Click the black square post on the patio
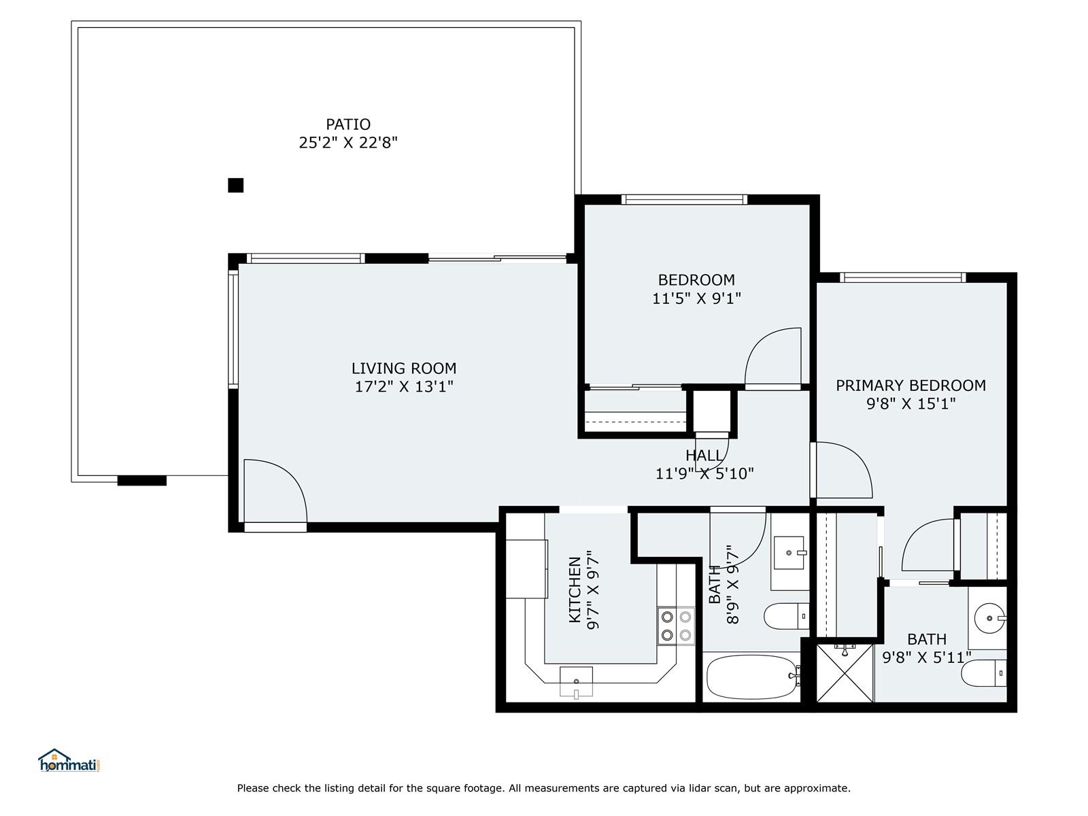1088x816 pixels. [235, 185]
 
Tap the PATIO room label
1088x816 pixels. [348, 124]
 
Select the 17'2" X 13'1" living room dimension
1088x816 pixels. [403, 386]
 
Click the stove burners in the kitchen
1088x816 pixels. [676, 626]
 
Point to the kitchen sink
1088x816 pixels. [576, 682]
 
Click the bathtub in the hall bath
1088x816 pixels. [753, 677]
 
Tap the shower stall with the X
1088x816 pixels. [845, 673]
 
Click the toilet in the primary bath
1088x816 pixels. [984, 673]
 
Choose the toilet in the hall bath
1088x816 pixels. [787, 616]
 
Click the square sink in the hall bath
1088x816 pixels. [789, 552]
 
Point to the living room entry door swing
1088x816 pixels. [275, 491]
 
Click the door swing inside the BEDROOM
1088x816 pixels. [772, 356]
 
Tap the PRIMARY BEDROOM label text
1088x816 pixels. [911, 386]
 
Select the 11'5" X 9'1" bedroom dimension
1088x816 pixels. [696, 299]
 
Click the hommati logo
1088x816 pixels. [69, 760]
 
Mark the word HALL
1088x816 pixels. [704, 456]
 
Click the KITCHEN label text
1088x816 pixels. [575, 590]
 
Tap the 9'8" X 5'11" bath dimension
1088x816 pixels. [926, 658]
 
